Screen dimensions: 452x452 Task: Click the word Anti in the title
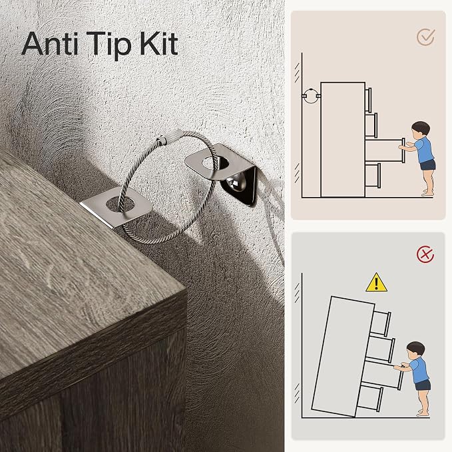(50, 44)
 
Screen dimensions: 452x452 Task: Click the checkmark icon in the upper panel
(426, 37)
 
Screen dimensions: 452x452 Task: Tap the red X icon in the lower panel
(425, 254)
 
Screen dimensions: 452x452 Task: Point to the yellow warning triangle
(376, 282)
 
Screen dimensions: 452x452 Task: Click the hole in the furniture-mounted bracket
(120, 204)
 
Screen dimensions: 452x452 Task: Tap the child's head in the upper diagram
(421, 129)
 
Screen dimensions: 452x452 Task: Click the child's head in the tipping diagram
(415, 349)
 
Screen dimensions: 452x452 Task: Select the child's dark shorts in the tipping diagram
(422, 385)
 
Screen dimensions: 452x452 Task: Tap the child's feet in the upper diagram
(427, 192)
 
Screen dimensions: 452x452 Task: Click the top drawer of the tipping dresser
(381, 322)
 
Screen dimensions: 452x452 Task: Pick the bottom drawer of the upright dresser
(373, 175)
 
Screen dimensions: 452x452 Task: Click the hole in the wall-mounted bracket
(215, 163)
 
